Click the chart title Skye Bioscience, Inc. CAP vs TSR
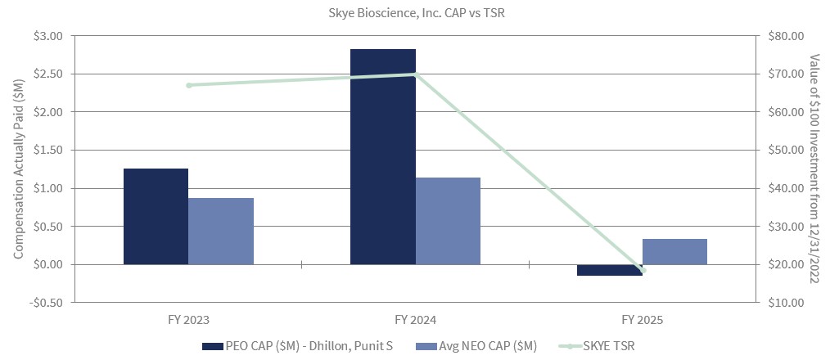click(415, 11)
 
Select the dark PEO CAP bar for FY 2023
click(156, 217)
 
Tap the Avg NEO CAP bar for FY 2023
click(221, 232)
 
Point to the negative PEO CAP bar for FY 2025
click(610, 270)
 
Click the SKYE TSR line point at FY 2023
click(189, 85)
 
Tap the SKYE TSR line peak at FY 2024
click(415, 74)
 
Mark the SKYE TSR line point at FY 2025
click(643, 270)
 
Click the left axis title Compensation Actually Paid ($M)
click(18, 169)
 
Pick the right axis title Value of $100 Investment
click(814, 169)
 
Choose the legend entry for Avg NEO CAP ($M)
click(477, 346)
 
